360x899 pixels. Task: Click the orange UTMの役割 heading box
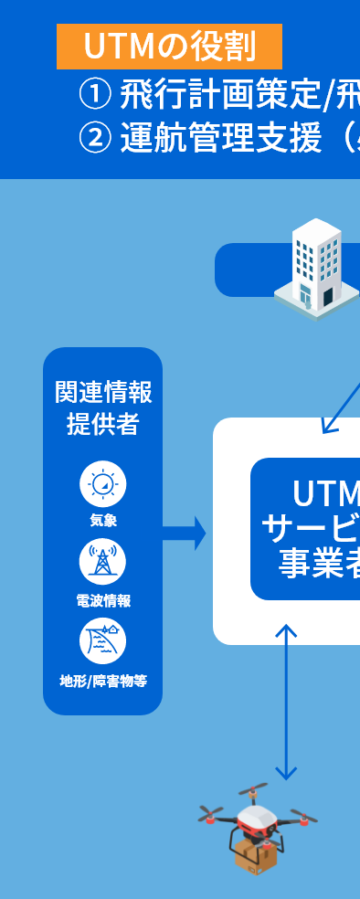click(x=169, y=47)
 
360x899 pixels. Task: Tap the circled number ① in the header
click(x=95, y=93)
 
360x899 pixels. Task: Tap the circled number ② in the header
click(x=95, y=139)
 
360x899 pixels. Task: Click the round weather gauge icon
click(x=102, y=484)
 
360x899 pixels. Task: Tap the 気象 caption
click(x=102, y=521)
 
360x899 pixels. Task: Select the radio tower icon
click(x=102, y=562)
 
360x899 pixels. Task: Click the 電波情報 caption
click(x=102, y=600)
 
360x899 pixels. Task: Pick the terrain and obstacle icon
click(x=102, y=640)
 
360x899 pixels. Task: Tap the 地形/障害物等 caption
click(x=102, y=681)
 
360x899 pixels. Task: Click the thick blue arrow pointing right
click(x=185, y=533)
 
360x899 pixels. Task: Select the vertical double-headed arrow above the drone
click(x=287, y=702)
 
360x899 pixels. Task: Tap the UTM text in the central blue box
click(x=325, y=494)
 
